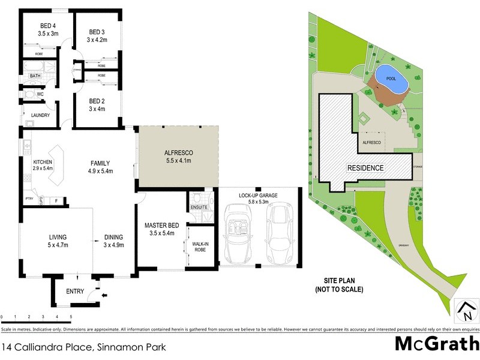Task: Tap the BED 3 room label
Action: [97, 32]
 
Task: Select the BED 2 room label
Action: [97, 101]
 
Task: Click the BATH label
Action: [35, 76]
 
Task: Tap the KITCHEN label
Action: [43, 162]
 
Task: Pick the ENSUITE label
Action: [199, 207]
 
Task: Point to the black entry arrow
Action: [106, 295]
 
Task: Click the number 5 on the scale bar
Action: [71, 317]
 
